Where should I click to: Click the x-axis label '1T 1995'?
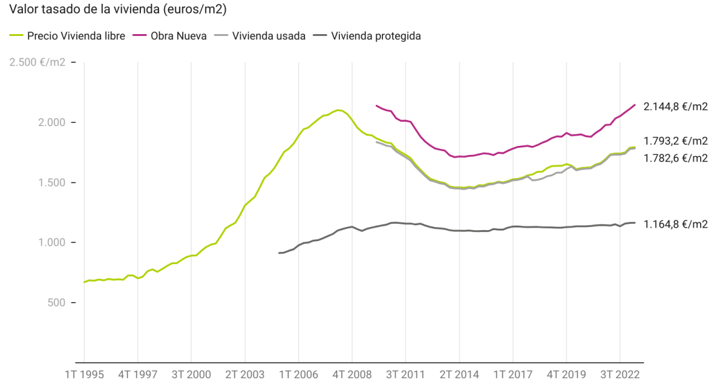click(x=84, y=374)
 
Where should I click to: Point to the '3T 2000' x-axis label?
click(x=191, y=374)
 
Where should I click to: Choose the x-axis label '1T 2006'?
click(x=298, y=374)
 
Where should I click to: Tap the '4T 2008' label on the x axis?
click(x=351, y=374)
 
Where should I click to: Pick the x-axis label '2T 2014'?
click(x=459, y=374)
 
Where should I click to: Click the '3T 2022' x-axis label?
click(x=619, y=374)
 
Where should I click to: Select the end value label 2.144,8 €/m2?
click(x=676, y=107)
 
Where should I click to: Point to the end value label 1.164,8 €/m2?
click(x=676, y=224)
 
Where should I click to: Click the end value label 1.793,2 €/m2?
click(x=676, y=141)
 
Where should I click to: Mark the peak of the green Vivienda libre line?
click(x=339, y=110)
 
